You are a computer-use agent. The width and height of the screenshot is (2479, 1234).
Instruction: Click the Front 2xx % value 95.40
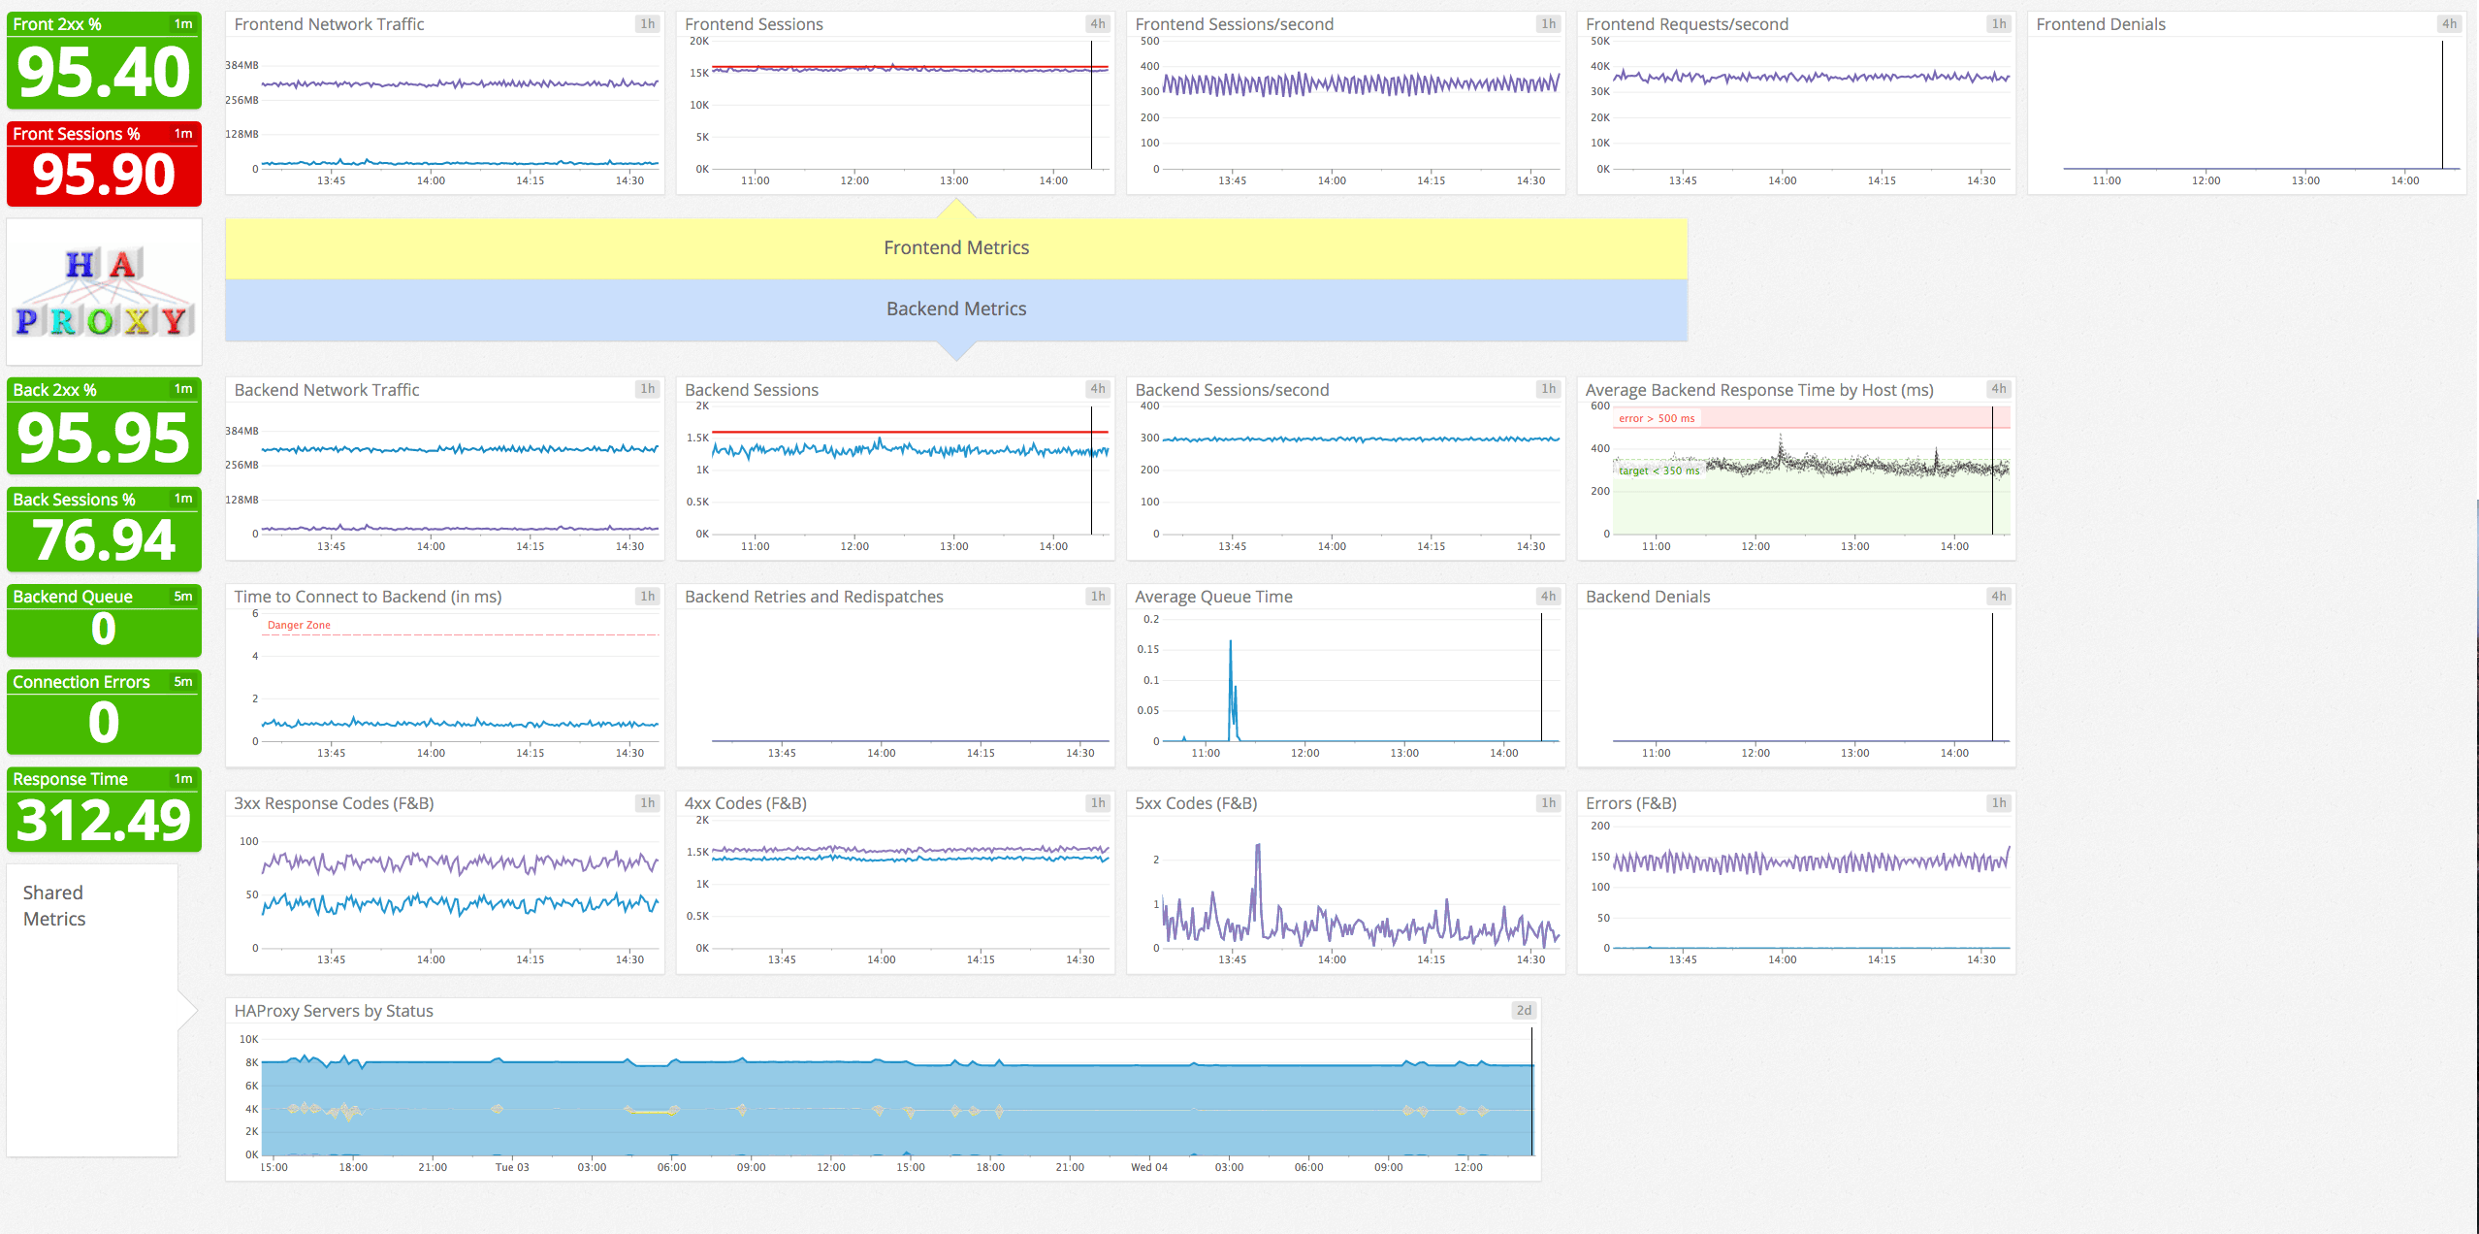[x=104, y=74]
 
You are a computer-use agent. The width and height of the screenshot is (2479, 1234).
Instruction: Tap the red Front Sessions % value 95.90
[x=104, y=176]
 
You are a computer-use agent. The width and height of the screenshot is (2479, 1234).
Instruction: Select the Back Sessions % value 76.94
[x=104, y=540]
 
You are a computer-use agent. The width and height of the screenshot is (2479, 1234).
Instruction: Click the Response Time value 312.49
[x=104, y=821]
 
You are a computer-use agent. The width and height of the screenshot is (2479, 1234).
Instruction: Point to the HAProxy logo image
[x=104, y=292]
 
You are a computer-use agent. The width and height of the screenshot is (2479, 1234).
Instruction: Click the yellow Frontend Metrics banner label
[x=955, y=247]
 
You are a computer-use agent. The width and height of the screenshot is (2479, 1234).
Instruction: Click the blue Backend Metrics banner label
[x=955, y=308]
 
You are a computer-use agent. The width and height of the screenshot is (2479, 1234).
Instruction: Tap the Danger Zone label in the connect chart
[x=299, y=625]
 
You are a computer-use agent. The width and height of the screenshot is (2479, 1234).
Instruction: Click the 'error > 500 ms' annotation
[x=1657, y=418]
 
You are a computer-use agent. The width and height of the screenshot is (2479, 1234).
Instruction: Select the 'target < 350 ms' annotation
[x=1658, y=471]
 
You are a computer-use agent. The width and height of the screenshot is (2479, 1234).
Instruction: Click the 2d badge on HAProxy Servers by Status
[x=1524, y=1010]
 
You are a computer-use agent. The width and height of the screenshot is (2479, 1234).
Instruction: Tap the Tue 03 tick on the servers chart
[x=512, y=1167]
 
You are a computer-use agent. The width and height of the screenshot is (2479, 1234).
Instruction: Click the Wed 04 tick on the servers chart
[x=1149, y=1167]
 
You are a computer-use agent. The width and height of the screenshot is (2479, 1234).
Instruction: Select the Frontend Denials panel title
[x=2100, y=24]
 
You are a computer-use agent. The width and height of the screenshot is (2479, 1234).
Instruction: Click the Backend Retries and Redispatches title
[x=814, y=597]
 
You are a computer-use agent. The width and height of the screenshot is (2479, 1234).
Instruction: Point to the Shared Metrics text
[x=54, y=905]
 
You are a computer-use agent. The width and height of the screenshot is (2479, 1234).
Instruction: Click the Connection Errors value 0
[x=104, y=723]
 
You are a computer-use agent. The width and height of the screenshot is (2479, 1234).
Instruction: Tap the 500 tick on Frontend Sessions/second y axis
[x=1149, y=41]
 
